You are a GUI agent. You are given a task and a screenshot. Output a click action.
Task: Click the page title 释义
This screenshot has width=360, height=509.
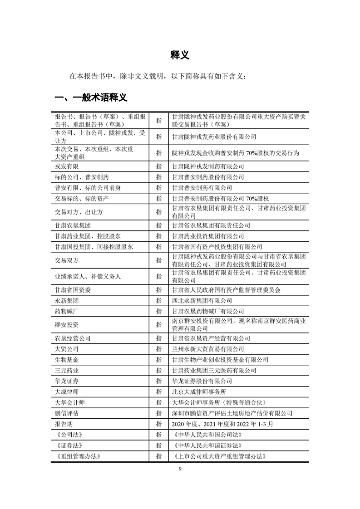click(x=180, y=55)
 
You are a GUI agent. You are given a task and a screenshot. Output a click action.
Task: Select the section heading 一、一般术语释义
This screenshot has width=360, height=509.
click(x=90, y=98)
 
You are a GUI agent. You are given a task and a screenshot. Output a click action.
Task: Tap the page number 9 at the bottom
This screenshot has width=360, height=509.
click(x=180, y=469)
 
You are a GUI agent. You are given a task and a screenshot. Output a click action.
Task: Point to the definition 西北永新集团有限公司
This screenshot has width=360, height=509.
click(x=202, y=301)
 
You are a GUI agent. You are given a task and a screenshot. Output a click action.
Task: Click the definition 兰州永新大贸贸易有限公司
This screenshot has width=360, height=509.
click(x=208, y=349)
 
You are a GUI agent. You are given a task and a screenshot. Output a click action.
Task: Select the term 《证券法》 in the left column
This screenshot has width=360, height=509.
click(x=68, y=445)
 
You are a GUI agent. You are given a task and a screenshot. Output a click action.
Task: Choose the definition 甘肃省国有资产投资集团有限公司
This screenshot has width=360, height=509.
click(x=217, y=247)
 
